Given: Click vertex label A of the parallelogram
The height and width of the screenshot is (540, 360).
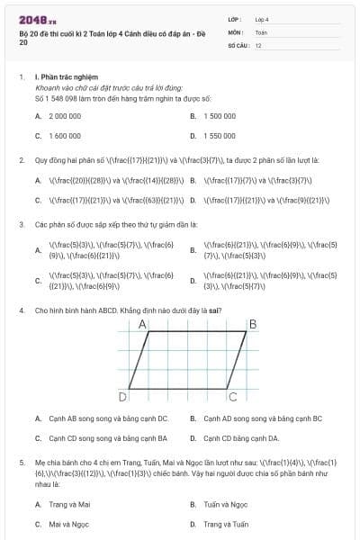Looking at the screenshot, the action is click(x=143, y=323).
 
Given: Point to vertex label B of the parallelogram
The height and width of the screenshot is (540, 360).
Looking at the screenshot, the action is click(x=253, y=323).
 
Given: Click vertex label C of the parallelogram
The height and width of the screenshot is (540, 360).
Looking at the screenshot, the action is click(x=232, y=395).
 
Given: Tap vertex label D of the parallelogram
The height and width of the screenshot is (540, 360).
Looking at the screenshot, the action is click(x=122, y=396).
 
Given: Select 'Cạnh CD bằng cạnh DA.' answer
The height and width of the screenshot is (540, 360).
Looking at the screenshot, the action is click(x=236, y=438).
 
